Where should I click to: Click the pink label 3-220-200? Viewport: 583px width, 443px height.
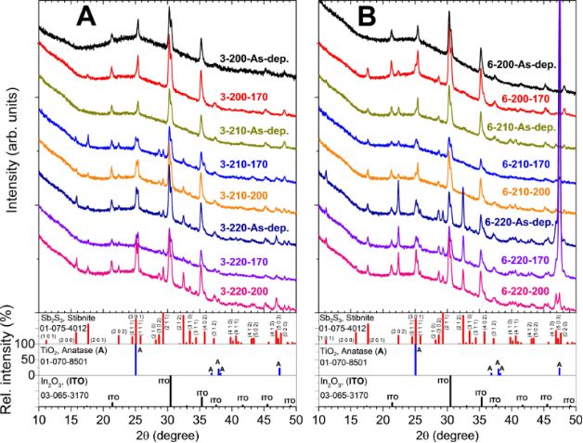(255, 292)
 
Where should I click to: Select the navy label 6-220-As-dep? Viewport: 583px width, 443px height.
(522, 222)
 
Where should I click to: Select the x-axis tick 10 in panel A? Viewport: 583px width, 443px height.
(39, 420)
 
